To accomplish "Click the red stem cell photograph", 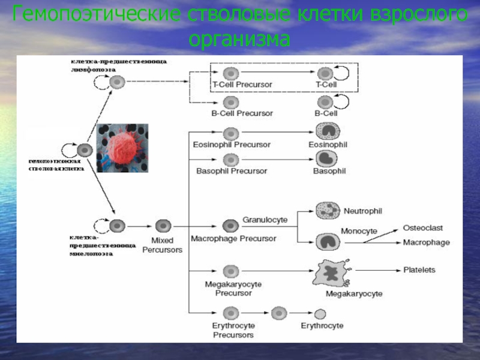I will [122, 148].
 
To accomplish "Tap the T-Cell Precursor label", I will [242, 85].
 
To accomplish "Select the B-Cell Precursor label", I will [242, 113].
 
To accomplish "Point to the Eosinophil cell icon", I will [327, 131].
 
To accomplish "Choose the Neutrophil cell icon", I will [328, 211].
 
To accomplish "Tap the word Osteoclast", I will [423, 228].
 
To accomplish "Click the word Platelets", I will [419, 270].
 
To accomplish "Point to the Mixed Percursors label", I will [162, 245].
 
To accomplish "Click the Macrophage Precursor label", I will [233, 239].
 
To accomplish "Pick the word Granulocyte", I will [265, 220].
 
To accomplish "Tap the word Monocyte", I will [359, 231].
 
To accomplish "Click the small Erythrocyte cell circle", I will [321, 314].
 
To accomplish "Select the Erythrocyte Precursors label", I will [233, 330].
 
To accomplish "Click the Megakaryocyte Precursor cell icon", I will [232, 272].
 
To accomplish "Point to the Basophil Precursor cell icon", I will [231, 160].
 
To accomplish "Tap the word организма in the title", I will [240, 40].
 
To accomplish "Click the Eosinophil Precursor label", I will [232, 145].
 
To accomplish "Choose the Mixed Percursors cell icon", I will [163, 226].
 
